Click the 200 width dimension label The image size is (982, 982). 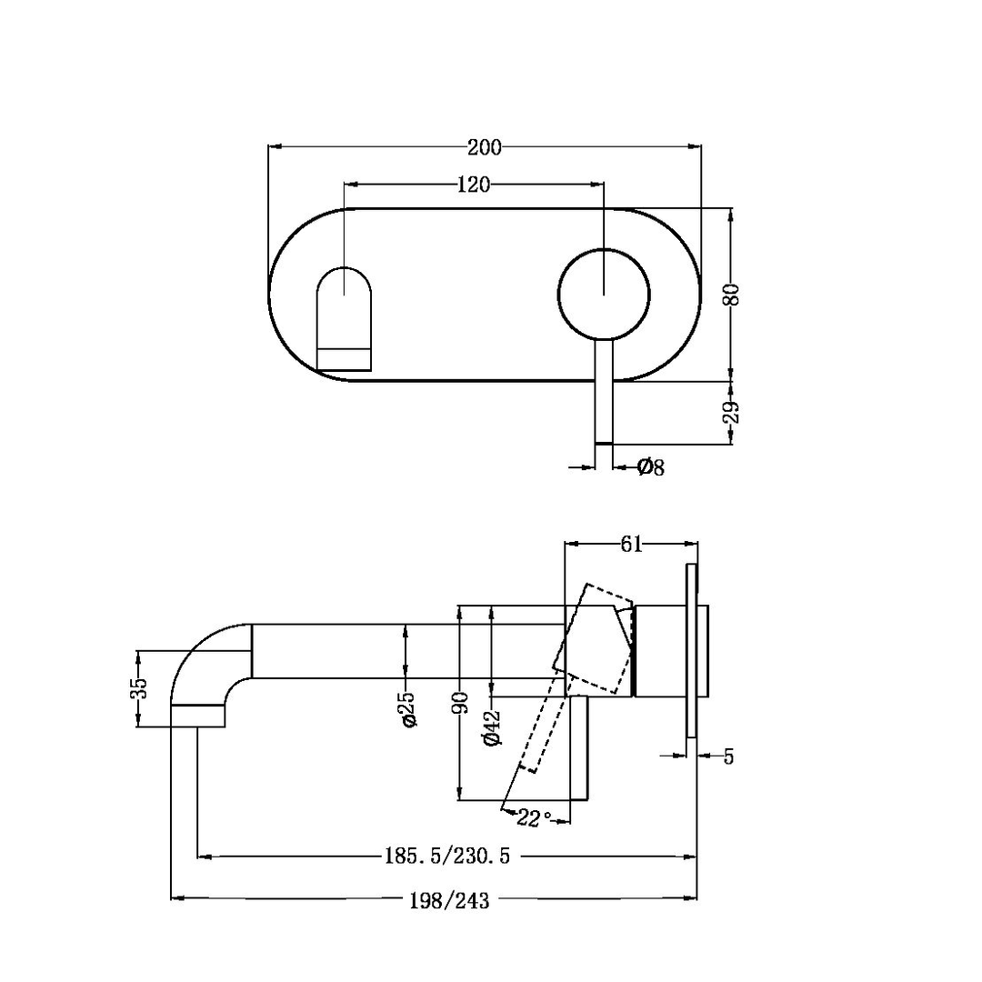pos(484,146)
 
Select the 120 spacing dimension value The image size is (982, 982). pos(473,185)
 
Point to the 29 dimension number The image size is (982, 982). pos(734,412)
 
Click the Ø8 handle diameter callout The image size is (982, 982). pos(651,467)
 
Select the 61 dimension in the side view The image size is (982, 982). pos(631,544)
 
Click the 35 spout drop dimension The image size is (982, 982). pos(138,688)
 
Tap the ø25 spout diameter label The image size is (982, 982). pos(408,708)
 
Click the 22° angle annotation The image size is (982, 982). pos(535,817)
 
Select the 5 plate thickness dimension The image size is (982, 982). pos(728,756)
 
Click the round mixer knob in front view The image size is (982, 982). pos(604,294)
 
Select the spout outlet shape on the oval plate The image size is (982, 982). pos(345,318)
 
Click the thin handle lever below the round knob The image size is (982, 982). pos(604,391)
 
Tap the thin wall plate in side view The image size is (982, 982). pos(692,650)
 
